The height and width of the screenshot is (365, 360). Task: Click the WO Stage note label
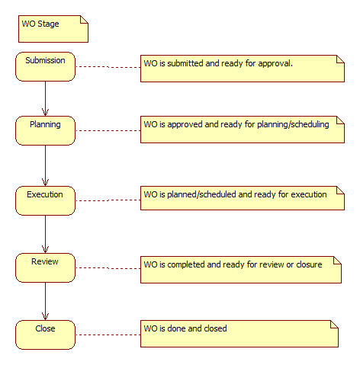tap(40, 24)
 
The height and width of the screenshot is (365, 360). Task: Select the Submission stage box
tap(45, 67)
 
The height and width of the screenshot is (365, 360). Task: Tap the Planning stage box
tap(45, 131)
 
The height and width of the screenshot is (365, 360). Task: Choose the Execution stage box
tap(45, 201)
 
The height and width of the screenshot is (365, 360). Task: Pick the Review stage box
tap(45, 267)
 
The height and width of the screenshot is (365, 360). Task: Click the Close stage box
tap(45, 335)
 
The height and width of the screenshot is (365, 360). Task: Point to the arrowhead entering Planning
tap(45, 113)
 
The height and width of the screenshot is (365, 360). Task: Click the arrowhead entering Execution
tap(45, 183)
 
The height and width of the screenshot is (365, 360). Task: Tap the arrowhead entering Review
tap(45, 249)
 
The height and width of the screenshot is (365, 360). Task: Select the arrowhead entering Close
tap(45, 316)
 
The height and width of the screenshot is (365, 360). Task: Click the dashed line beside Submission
tap(108, 67)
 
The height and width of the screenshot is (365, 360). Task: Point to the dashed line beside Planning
tap(108, 130)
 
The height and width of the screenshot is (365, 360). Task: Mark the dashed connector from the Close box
tap(108, 335)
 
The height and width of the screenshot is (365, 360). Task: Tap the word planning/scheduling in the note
tap(293, 124)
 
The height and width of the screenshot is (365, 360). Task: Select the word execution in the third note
tap(309, 194)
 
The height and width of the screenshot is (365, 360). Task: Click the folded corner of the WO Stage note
tap(85, 20)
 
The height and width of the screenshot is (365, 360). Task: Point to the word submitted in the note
tap(185, 63)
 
